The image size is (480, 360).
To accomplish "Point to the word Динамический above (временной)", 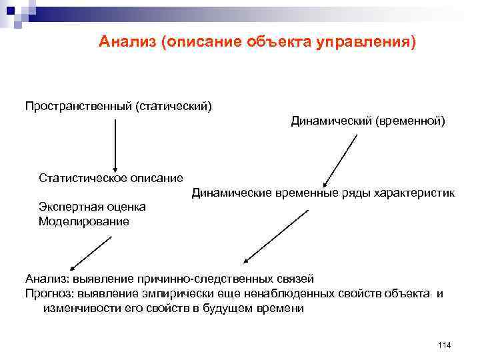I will point(331,121).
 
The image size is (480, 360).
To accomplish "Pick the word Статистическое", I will point(83,178).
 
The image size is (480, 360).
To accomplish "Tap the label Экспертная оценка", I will point(92,207).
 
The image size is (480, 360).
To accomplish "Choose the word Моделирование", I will point(84,221).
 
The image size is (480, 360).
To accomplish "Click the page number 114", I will point(445,344).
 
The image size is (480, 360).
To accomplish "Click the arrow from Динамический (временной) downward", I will point(341,161).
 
